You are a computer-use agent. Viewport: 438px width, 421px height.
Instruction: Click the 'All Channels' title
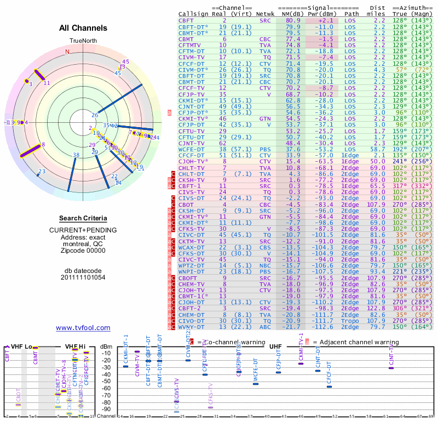83,28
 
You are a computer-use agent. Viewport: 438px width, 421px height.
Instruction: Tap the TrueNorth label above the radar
83,41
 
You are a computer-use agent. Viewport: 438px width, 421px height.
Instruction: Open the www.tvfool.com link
83,328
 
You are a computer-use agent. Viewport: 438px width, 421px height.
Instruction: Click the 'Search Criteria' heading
83,218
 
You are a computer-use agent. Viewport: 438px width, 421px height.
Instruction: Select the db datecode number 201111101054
83,277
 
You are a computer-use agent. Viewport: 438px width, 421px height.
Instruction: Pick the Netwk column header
265,14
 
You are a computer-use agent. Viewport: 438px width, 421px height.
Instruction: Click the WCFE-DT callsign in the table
192,149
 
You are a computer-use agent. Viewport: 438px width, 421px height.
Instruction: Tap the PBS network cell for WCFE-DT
265,149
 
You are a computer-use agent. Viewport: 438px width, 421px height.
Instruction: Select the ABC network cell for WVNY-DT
265,327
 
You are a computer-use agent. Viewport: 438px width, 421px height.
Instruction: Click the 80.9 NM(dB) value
292,20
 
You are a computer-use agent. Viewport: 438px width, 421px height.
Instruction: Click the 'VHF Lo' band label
23,346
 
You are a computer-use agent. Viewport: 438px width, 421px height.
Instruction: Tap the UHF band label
276,346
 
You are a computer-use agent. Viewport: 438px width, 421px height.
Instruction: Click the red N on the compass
67,52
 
